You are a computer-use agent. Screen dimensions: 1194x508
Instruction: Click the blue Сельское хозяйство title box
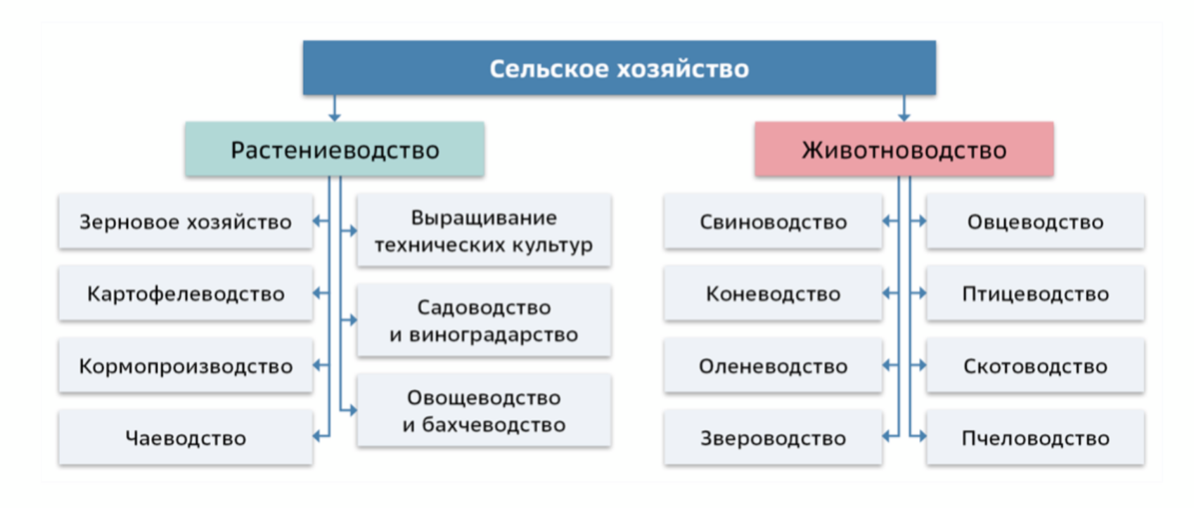tap(620, 68)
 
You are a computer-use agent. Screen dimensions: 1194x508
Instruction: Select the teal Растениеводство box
tap(335, 149)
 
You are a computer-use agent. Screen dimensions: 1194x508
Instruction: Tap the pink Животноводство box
tap(904, 149)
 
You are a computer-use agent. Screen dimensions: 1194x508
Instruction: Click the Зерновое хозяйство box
tap(186, 221)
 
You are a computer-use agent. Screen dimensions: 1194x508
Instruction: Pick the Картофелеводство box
tap(186, 294)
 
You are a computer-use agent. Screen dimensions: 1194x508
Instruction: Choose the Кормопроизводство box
tap(186, 366)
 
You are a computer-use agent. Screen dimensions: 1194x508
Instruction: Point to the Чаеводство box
tap(186, 438)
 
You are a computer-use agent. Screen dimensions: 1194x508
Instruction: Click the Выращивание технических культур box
tap(484, 230)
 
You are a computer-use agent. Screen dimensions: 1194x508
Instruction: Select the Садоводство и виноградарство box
tap(484, 320)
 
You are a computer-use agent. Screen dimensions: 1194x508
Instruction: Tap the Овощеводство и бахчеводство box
tap(484, 410)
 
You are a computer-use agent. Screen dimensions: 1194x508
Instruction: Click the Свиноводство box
tap(773, 221)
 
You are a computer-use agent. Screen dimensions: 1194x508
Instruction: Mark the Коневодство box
tap(773, 294)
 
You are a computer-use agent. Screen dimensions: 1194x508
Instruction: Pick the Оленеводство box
tap(773, 366)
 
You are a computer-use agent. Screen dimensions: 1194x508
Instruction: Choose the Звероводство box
tap(773, 438)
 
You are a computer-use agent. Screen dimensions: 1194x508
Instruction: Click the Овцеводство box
tap(1036, 221)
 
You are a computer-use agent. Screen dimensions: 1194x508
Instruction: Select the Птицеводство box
tap(1036, 294)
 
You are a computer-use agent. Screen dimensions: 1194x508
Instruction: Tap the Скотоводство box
tap(1036, 366)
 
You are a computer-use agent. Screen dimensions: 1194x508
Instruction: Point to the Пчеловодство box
tap(1036, 438)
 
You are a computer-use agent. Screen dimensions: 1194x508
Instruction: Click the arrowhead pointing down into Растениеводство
tap(335, 117)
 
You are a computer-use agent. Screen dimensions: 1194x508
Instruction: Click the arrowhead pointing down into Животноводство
tap(904, 117)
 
